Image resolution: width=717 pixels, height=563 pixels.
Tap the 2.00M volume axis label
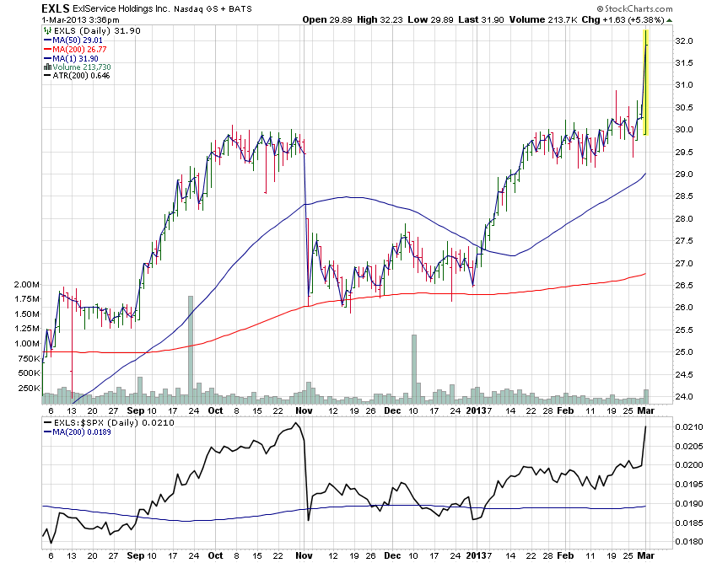pos(26,285)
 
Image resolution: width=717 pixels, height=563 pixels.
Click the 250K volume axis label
pos(28,389)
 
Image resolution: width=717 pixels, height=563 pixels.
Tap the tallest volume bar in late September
pos(191,346)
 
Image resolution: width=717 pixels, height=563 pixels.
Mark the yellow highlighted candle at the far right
pos(645,82)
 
